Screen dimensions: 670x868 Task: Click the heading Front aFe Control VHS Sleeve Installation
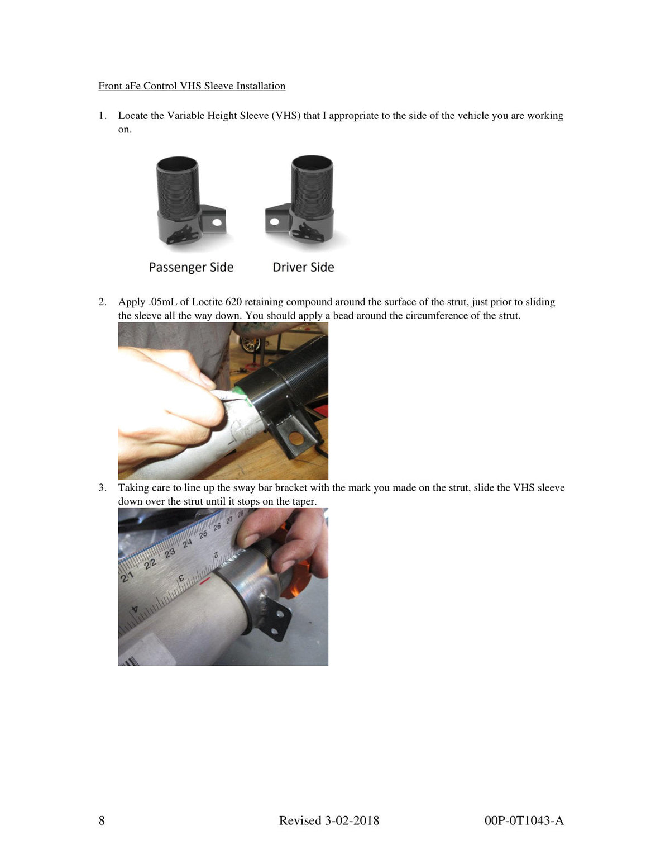pos(192,86)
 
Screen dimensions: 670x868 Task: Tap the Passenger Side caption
pos(191,267)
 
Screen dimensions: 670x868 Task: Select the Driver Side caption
pos(303,267)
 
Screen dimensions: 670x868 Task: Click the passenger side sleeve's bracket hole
pos(217,222)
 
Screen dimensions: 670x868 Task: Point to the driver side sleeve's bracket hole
pos(275,221)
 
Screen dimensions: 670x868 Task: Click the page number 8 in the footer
pos(102,820)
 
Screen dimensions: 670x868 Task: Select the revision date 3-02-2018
pos(352,820)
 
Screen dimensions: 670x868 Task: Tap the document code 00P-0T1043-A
pos(524,820)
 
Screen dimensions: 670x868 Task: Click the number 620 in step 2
pos(233,302)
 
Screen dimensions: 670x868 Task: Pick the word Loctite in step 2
pos(207,302)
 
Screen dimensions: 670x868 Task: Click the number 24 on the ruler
pos(188,543)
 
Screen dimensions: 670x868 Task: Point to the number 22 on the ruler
pos(150,563)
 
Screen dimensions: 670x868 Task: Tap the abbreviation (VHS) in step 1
pos(286,116)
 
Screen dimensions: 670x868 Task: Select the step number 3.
pos(102,488)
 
